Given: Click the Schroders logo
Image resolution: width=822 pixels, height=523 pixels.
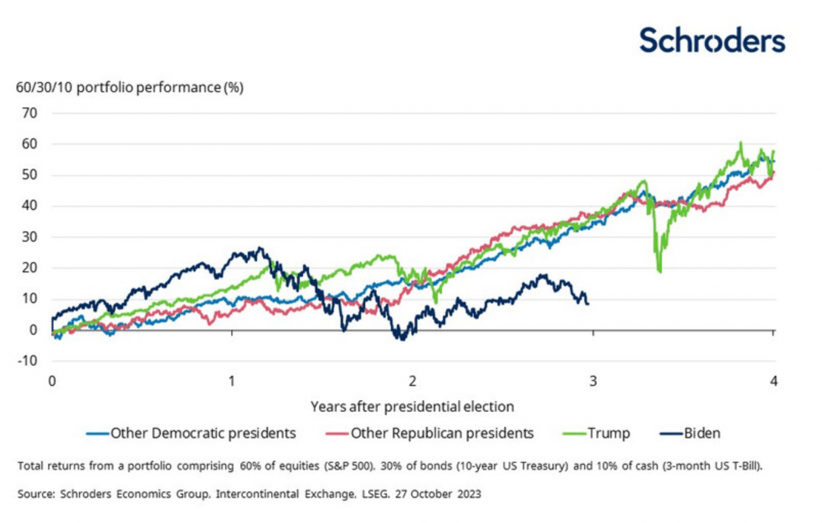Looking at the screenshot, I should pyautogui.click(x=712, y=40).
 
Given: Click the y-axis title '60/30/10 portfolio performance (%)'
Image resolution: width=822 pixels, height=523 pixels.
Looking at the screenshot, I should pyautogui.click(x=130, y=87).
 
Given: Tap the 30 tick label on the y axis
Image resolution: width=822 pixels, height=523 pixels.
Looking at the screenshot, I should pyautogui.click(x=28, y=237).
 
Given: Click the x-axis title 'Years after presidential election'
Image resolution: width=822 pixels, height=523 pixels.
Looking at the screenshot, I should pyautogui.click(x=412, y=407).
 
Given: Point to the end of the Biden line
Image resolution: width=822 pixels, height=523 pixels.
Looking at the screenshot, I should pyautogui.click(x=588, y=303).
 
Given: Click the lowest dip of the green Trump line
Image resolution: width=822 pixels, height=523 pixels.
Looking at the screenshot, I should pyautogui.click(x=660, y=272).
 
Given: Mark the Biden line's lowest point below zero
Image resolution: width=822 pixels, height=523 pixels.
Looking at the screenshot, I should pyautogui.click(x=402, y=339).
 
